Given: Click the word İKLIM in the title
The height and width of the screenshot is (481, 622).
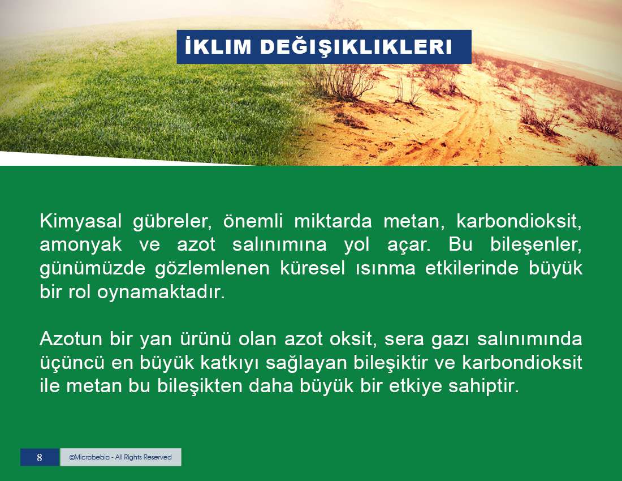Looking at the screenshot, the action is [x=218, y=46].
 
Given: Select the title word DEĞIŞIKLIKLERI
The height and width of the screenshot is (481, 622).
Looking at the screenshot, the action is [x=356, y=47].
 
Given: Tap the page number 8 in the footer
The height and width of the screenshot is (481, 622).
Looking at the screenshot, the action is [x=39, y=457].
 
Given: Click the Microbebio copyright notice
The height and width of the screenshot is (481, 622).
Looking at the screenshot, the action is [x=120, y=457].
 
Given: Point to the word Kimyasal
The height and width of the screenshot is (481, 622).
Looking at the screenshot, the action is [x=80, y=221].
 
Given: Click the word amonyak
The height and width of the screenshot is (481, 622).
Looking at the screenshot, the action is [x=80, y=245].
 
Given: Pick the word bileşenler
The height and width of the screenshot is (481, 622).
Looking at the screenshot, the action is [x=536, y=245].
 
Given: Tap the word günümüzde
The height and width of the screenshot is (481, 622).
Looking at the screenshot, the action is [x=92, y=269].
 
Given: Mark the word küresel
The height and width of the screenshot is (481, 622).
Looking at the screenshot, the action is [x=312, y=268].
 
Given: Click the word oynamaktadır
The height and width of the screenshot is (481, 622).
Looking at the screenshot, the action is [x=161, y=293].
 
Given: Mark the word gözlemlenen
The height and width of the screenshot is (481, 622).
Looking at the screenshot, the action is [x=212, y=269].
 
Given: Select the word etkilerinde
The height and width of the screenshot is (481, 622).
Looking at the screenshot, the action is [x=472, y=268].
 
